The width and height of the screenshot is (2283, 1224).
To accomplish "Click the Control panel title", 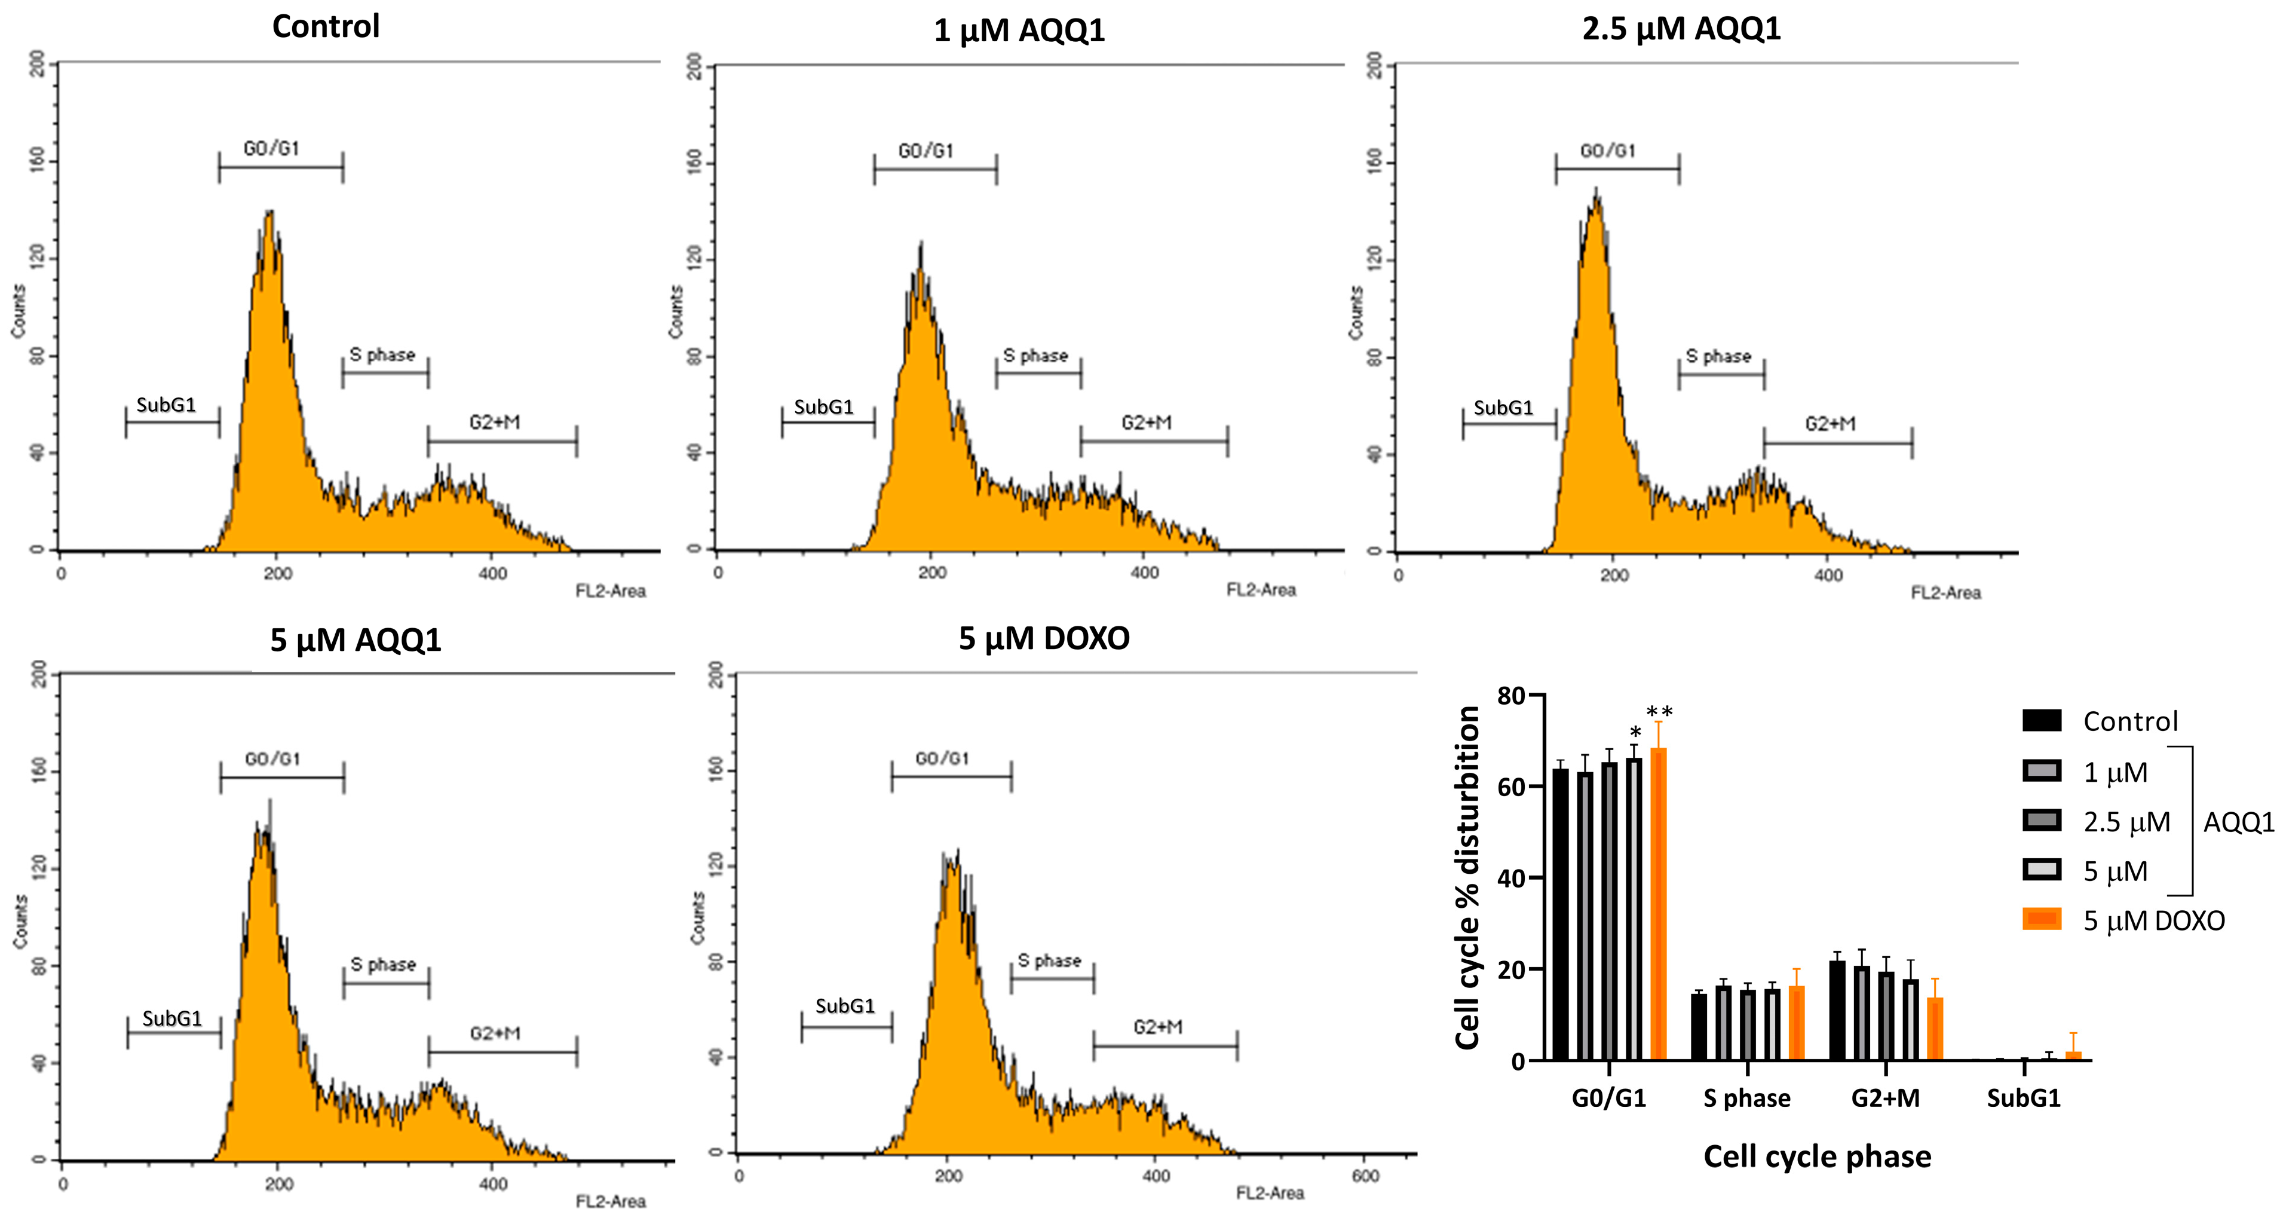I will [x=325, y=26].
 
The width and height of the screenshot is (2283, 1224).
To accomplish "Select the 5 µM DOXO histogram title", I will [x=1044, y=638].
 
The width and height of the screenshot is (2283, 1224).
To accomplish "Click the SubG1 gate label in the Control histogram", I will [x=166, y=405].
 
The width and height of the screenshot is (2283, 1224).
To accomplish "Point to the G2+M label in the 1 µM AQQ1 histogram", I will [x=1146, y=423].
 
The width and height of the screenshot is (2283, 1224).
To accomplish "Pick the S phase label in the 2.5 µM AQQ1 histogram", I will [x=1718, y=356].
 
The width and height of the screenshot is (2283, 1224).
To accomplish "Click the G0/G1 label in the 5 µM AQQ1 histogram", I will [x=272, y=758].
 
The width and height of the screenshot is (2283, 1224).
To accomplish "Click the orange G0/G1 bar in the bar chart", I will [x=1658, y=904].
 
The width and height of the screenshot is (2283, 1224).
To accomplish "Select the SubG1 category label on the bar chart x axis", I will [x=2023, y=1098].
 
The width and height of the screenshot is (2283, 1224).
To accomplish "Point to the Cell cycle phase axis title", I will [x=1817, y=1156].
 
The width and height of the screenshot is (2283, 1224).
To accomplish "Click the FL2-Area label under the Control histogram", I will [x=611, y=591].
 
